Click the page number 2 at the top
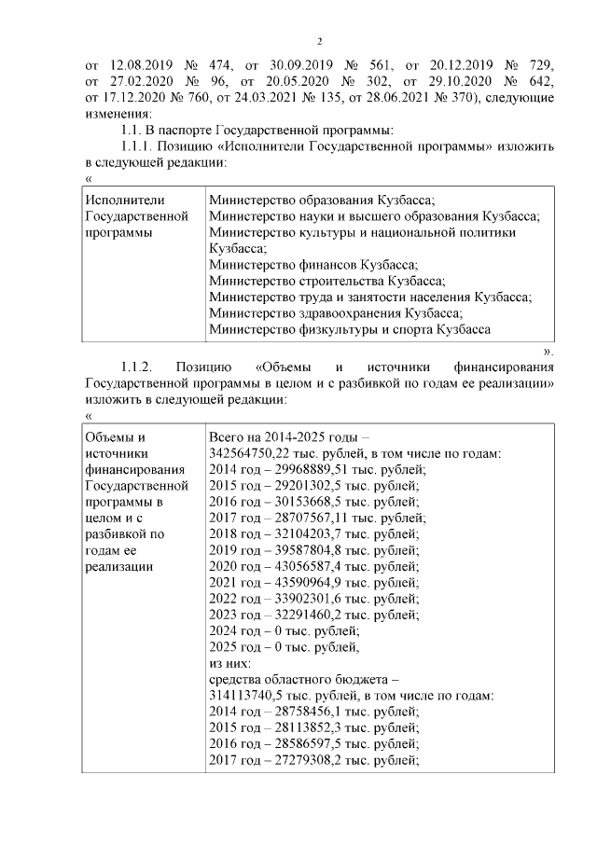319,41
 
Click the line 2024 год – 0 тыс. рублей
283,630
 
